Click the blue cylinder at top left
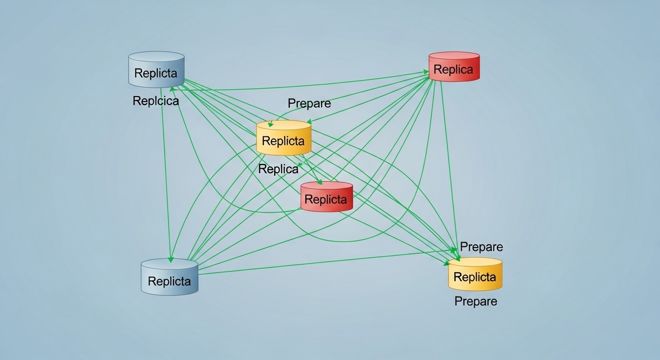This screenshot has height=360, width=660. point(156,70)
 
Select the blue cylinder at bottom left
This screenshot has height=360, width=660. point(169,277)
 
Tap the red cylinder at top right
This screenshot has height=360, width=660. point(454,67)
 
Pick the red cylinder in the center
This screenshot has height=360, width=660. point(326,197)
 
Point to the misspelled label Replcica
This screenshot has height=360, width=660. point(156,101)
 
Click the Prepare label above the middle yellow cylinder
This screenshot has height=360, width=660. point(309,104)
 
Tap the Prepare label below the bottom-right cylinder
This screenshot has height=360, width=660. point(475,301)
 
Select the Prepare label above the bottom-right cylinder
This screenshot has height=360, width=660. point(481,247)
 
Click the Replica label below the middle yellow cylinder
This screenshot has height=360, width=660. point(278,169)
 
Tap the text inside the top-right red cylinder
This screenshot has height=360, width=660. point(453,70)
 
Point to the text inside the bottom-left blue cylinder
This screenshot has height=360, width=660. point(169,281)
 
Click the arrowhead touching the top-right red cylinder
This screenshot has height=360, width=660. point(426,72)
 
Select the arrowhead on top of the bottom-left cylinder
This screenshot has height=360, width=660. point(171,259)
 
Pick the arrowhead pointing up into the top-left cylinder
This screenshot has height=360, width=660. point(172,89)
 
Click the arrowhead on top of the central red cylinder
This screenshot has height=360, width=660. point(320,182)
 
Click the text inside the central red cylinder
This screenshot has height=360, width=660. point(326,200)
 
